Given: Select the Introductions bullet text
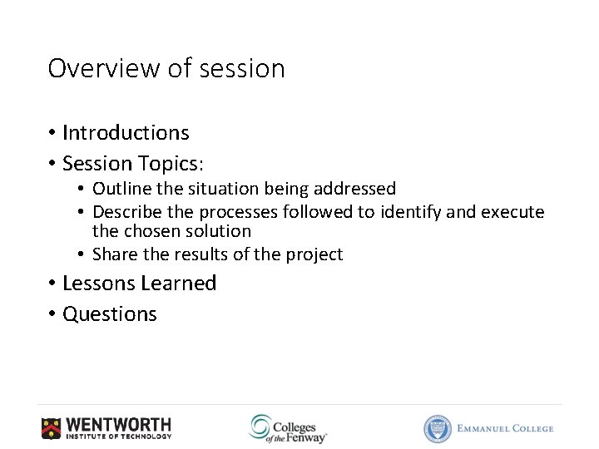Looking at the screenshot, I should click(126, 133).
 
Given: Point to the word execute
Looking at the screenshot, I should click(513, 212).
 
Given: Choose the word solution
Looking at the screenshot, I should click(220, 231).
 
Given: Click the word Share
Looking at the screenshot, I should click(115, 254).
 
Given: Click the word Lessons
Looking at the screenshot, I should click(97, 284).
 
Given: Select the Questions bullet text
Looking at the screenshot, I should click(110, 314).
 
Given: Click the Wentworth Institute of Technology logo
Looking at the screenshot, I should click(106, 428).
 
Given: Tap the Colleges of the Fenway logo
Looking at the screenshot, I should click(288, 428).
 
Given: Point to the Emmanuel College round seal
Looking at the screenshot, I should click(438, 429).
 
